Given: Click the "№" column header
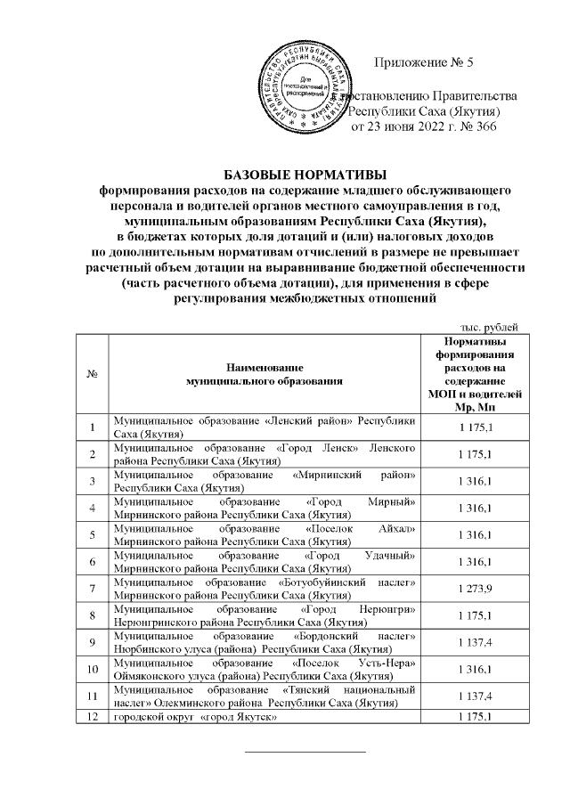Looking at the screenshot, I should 92,373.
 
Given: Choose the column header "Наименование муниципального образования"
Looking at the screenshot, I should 264,373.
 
